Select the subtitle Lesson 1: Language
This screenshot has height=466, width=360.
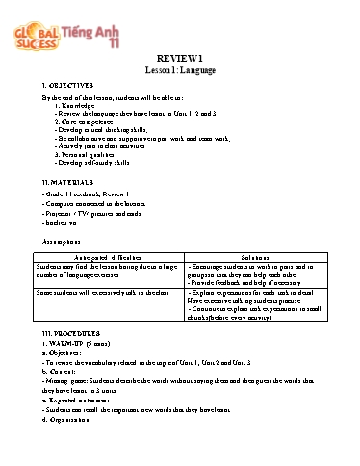[x=180, y=68]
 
